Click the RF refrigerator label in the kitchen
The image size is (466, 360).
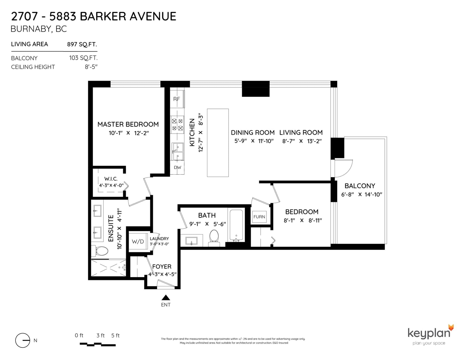(x=176, y=99)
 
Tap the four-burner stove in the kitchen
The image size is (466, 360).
(x=177, y=125)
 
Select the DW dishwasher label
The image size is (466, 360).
(x=177, y=168)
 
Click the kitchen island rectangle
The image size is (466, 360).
(x=218, y=143)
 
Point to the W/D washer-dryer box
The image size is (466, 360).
(x=138, y=242)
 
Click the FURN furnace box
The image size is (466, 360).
(x=259, y=217)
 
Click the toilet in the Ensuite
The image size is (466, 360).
(x=100, y=251)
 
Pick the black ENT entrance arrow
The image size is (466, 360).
(x=166, y=297)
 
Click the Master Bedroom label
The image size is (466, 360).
(x=128, y=124)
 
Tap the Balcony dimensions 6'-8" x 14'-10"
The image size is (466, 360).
(x=361, y=195)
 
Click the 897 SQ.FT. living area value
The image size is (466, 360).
(x=82, y=44)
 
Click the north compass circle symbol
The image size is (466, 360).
(x=22, y=340)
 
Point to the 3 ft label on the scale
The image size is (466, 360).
(x=100, y=336)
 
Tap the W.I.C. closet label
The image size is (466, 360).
(x=111, y=179)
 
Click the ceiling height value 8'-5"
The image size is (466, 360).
(x=91, y=67)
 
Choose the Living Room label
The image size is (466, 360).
(x=301, y=133)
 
